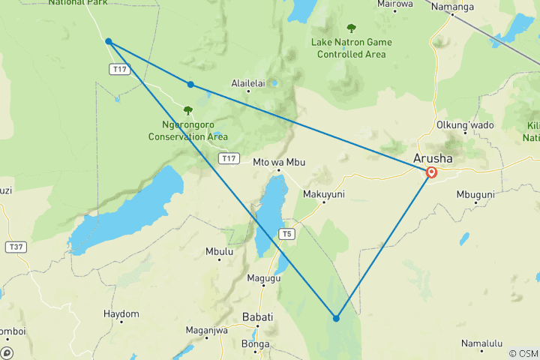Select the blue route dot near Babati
click(336, 319)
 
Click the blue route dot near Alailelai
click(190, 84)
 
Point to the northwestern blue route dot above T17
click(109, 41)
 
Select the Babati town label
click(257, 317)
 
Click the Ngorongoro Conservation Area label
click(187, 130)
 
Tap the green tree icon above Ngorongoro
click(187, 110)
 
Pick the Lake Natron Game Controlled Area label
click(351, 48)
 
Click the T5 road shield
click(286, 234)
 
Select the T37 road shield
click(14, 246)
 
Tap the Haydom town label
click(121, 313)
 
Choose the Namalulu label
click(481, 343)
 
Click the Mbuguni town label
click(475, 193)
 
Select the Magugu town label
click(264, 278)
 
